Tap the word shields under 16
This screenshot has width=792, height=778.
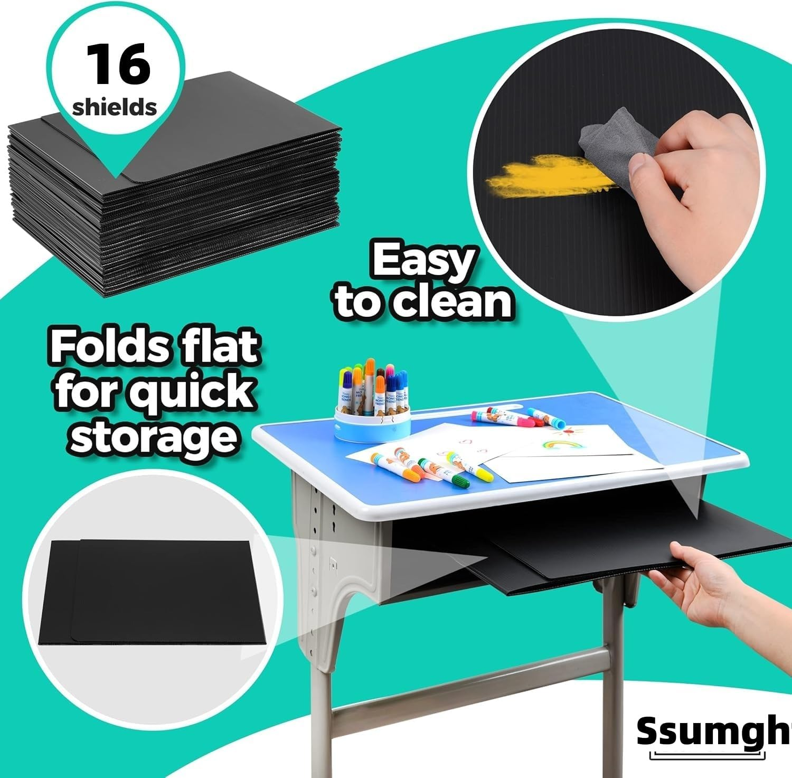(x=115, y=107)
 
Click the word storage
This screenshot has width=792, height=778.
(x=153, y=437)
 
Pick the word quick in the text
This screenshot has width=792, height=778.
(x=192, y=392)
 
